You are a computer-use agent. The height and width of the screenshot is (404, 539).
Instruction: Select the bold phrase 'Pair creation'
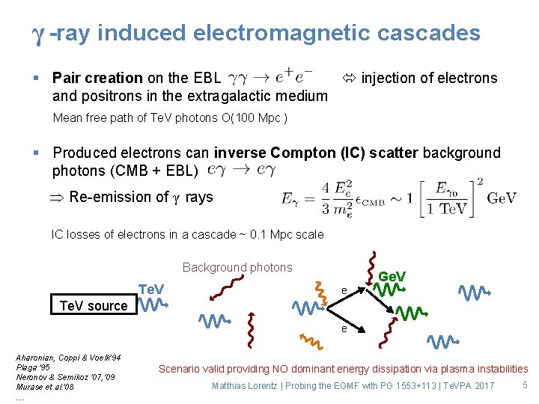click(x=97, y=78)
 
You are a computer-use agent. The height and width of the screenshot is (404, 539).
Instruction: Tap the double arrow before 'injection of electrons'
click(x=349, y=78)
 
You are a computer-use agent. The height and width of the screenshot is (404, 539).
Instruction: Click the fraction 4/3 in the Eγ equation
click(x=326, y=198)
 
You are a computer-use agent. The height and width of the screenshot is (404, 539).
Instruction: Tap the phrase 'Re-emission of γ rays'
click(x=141, y=198)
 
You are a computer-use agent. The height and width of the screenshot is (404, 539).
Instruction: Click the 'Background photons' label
click(x=237, y=267)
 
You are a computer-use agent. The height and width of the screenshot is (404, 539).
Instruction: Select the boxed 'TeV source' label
click(x=94, y=305)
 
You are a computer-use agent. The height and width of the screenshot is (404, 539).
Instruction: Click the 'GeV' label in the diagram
click(x=392, y=277)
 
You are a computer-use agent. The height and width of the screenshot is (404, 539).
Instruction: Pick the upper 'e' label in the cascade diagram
click(x=344, y=290)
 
